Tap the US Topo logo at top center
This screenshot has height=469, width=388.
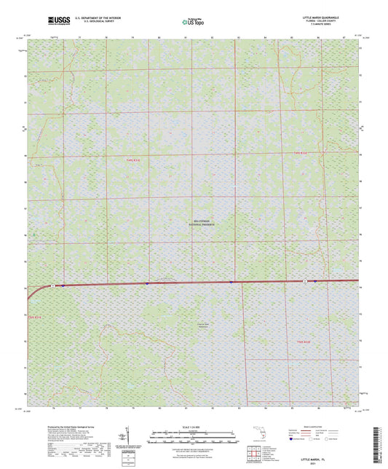click(194, 22)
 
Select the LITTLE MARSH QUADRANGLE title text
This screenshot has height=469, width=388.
click(335, 16)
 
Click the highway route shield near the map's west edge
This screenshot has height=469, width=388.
click(53, 286)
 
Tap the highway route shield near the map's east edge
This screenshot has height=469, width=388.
click(304, 281)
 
